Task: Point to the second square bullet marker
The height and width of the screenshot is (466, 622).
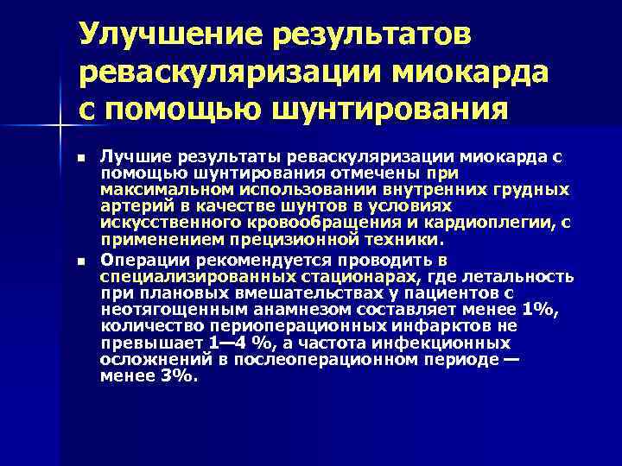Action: click(x=80, y=261)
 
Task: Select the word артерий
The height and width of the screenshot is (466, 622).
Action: click(x=130, y=205)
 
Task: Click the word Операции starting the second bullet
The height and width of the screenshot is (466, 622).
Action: click(x=138, y=260)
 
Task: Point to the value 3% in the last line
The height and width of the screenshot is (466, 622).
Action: click(x=177, y=375)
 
